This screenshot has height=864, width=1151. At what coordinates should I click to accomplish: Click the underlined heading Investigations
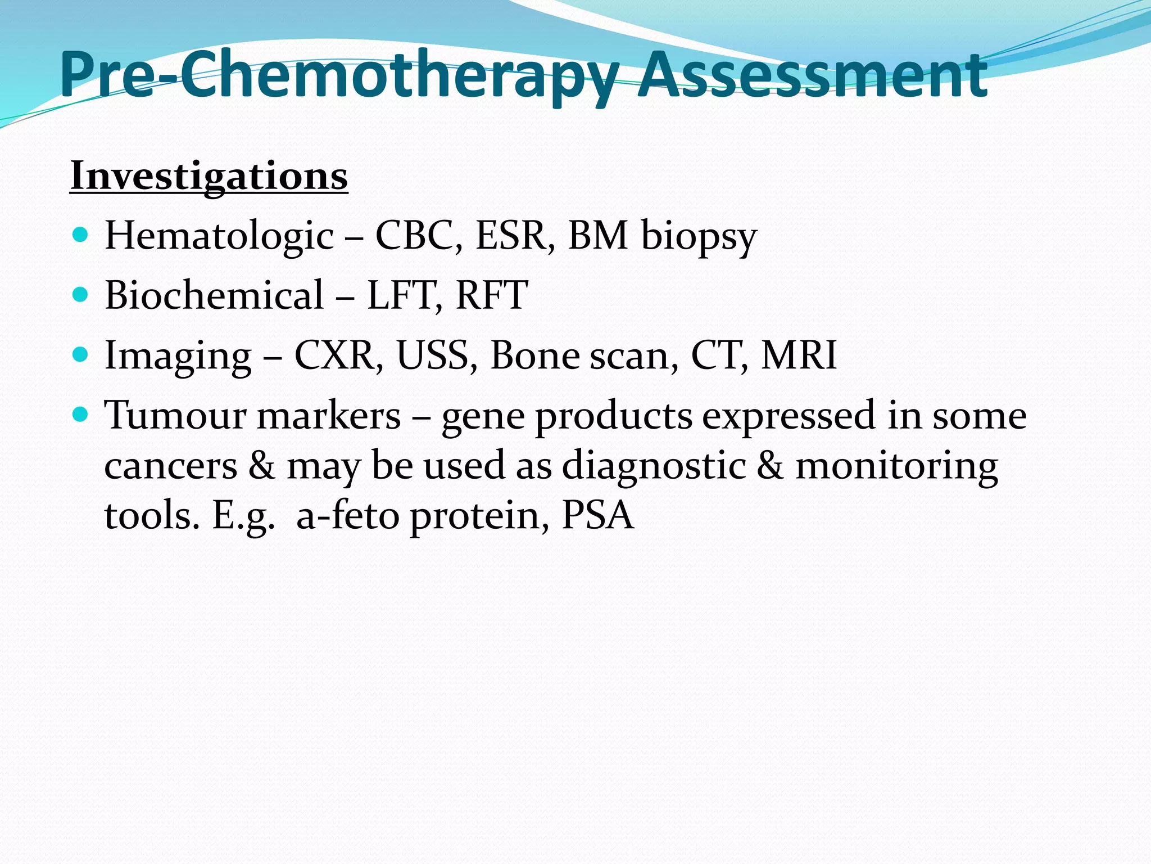pyautogui.click(x=209, y=176)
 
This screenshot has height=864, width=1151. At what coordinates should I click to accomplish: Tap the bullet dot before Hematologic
pyautogui.click(x=81, y=234)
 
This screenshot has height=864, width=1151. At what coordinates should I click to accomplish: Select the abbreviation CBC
pyautogui.click(x=418, y=235)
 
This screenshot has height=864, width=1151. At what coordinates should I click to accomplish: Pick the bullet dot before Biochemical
pyautogui.click(x=81, y=294)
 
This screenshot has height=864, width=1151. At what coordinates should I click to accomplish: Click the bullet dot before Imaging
pyautogui.click(x=81, y=354)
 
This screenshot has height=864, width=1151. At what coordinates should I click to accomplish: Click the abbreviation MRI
pyautogui.click(x=799, y=355)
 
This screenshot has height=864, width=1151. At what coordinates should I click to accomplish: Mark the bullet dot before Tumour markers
pyautogui.click(x=81, y=415)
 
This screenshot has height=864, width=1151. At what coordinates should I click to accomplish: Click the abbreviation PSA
pyautogui.click(x=598, y=515)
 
